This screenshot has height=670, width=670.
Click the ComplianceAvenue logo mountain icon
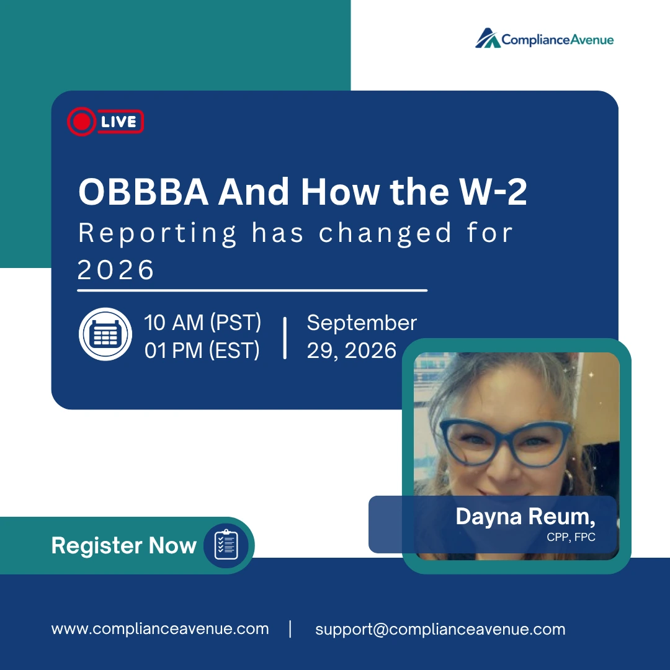pos(488,38)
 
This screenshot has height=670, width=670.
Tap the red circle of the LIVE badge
pos(81,122)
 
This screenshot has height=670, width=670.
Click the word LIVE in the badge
pos(118,122)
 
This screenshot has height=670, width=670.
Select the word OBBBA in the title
pos(143,192)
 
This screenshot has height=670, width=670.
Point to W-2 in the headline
pos(493,192)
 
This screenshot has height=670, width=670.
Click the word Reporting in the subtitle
pos(157,234)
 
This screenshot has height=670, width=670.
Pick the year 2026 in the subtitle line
pos(115,270)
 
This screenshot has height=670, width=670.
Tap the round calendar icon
pos(105,334)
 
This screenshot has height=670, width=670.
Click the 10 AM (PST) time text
pos(202,323)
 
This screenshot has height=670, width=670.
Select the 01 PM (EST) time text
pos(202,351)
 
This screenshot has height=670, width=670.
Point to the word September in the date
pos(362,323)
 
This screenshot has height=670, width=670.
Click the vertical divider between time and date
pos(285,338)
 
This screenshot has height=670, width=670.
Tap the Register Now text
pos(124,546)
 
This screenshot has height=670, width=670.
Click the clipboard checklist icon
pos(226,545)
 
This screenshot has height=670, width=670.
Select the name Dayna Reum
pos(525,517)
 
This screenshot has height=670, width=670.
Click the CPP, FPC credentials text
pos(571,537)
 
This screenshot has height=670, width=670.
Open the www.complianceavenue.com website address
pos(160,629)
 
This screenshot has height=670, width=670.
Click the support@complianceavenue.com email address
pos(440,630)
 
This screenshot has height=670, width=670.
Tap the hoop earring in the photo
pos(568,481)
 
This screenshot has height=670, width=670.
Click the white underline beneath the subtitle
pos(252,290)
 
